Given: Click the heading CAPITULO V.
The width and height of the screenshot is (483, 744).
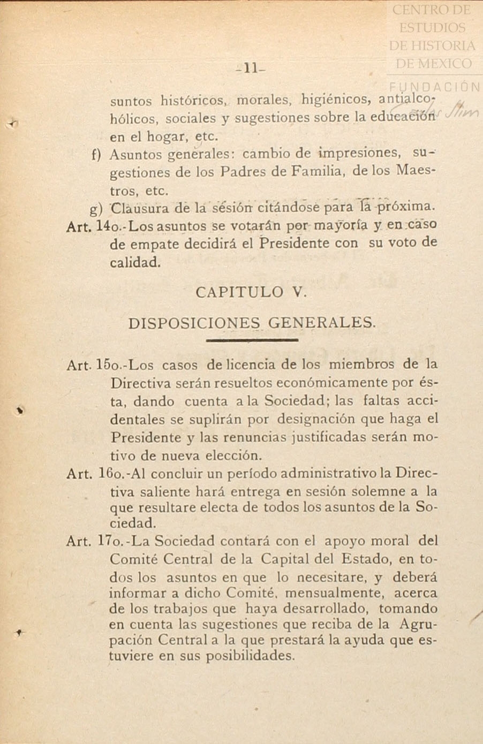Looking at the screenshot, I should click(251, 292).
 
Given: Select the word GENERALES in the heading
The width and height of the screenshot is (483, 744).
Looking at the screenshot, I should click(321, 323).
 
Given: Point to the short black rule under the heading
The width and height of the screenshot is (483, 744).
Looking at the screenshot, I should click(251, 340).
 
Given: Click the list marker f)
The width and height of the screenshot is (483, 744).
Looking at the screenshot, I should click(96, 155).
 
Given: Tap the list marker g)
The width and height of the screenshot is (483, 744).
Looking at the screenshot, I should click(96, 209).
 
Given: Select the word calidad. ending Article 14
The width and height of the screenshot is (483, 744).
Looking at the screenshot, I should click(135, 262).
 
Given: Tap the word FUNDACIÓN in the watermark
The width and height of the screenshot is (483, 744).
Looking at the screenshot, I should click(434, 87).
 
